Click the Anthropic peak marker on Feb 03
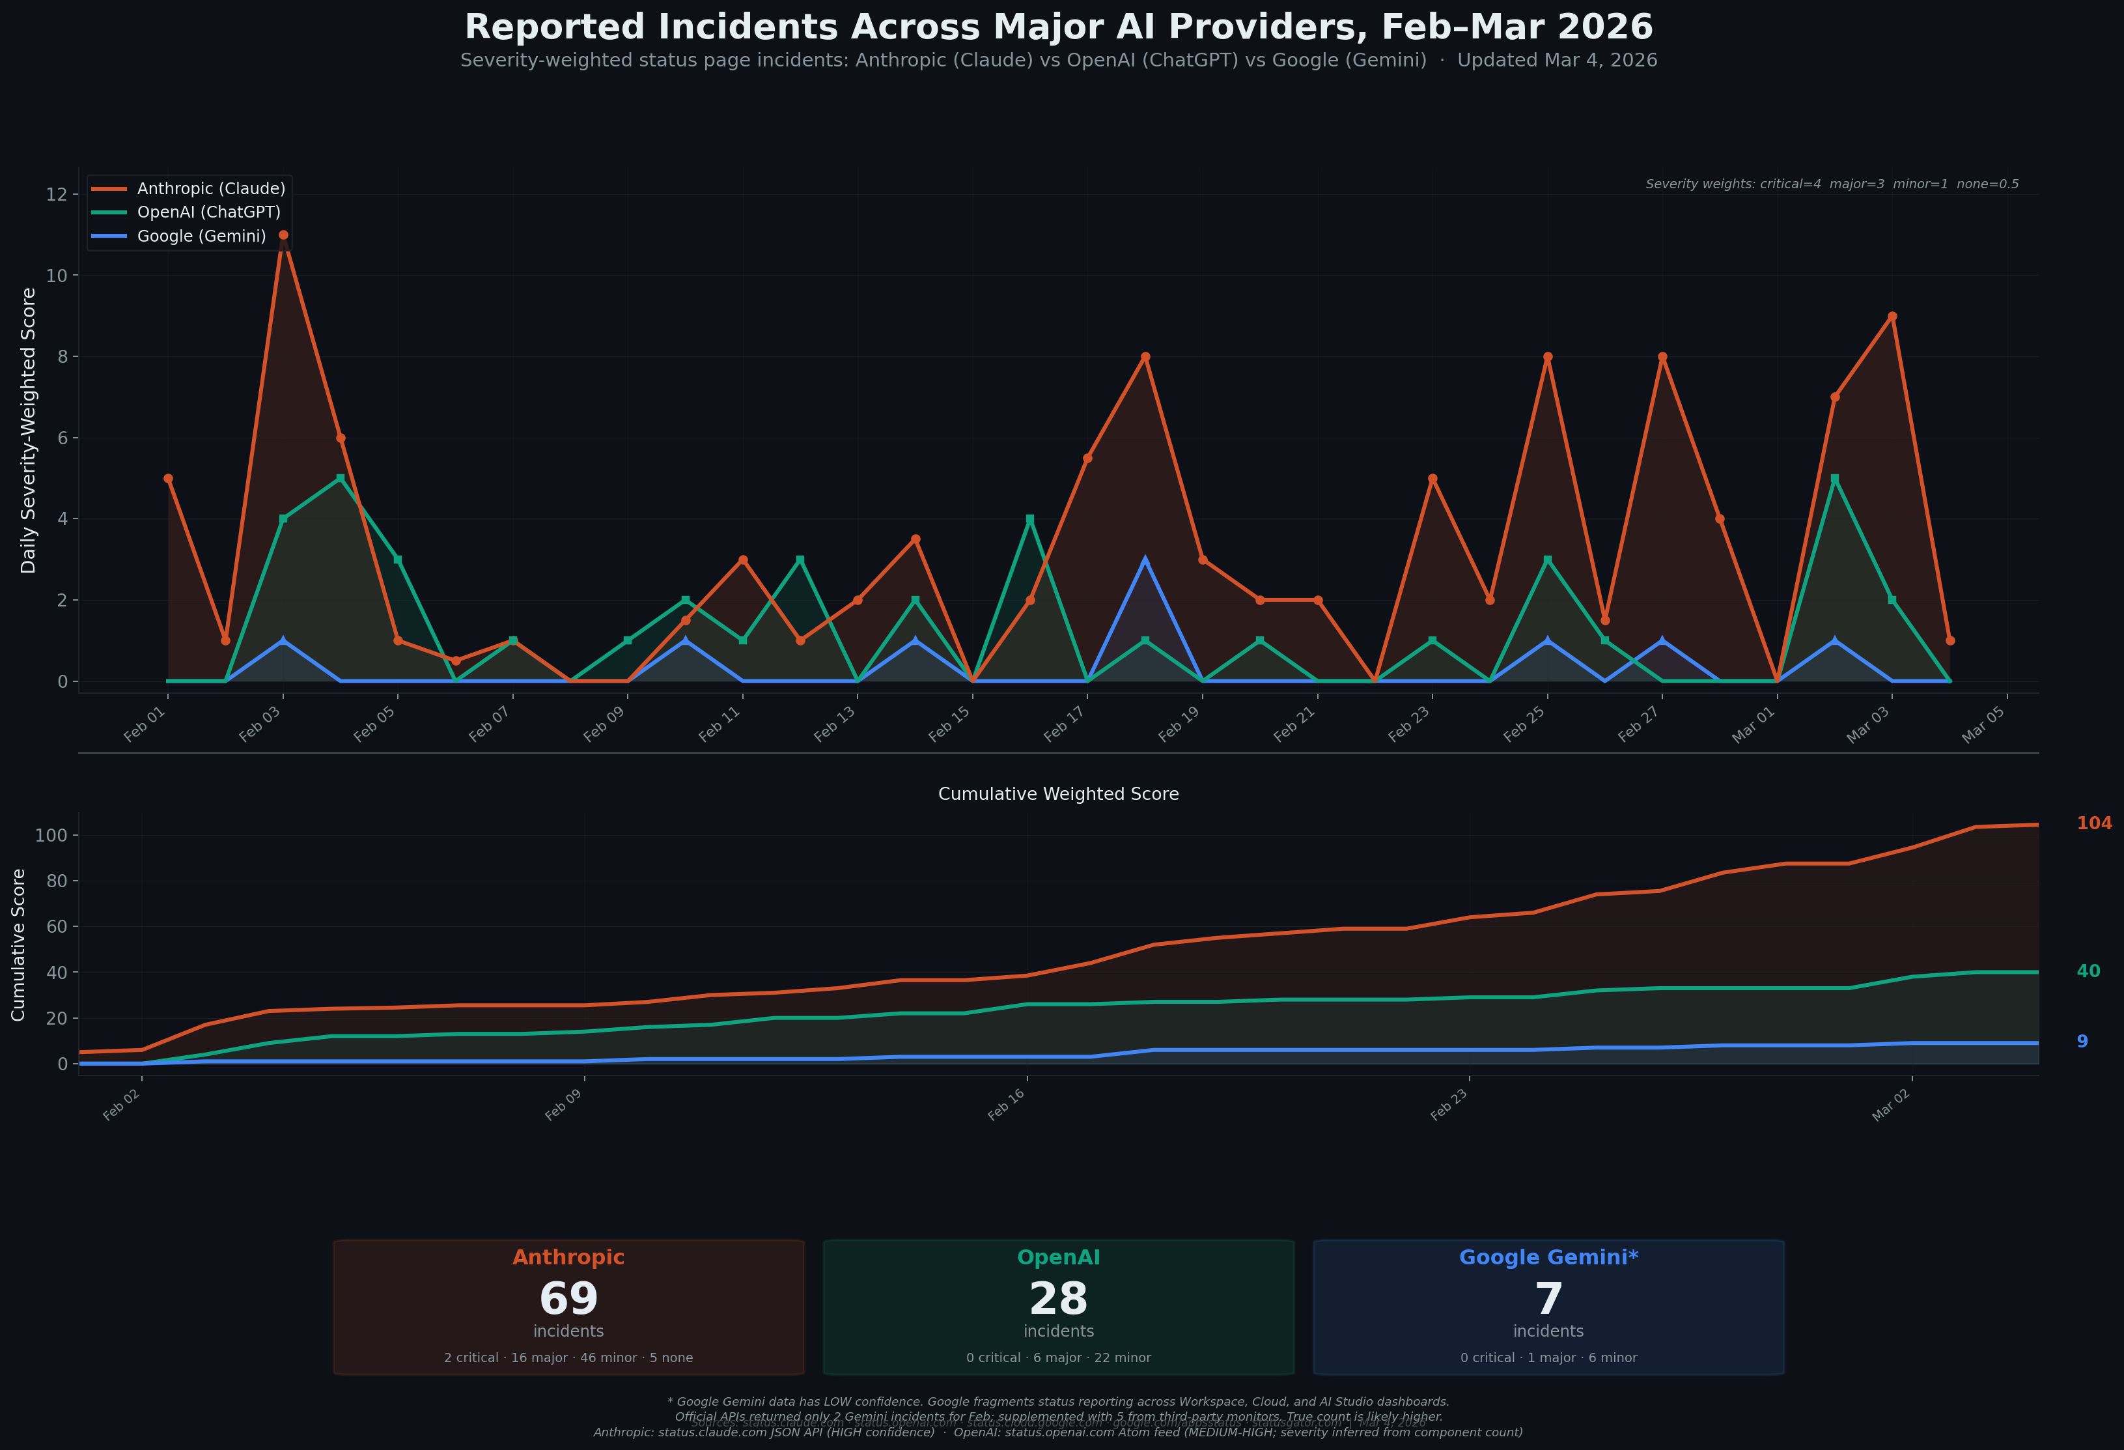point(283,235)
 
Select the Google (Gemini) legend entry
point(201,236)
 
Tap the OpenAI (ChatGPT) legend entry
point(208,212)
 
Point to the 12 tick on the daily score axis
point(57,194)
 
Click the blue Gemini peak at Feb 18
point(1145,560)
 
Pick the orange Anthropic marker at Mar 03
point(1892,317)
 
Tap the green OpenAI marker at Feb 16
point(1030,519)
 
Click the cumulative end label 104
point(2094,824)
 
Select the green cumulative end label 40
point(2088,971)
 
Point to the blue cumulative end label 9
point(2082,1042)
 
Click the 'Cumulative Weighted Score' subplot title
point(1058,795)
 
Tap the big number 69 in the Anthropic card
point(568,1298)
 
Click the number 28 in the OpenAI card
point(1058,1298)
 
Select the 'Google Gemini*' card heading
point(1548,1257)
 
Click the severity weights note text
point(1832,185)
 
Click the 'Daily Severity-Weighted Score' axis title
point(29,431)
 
